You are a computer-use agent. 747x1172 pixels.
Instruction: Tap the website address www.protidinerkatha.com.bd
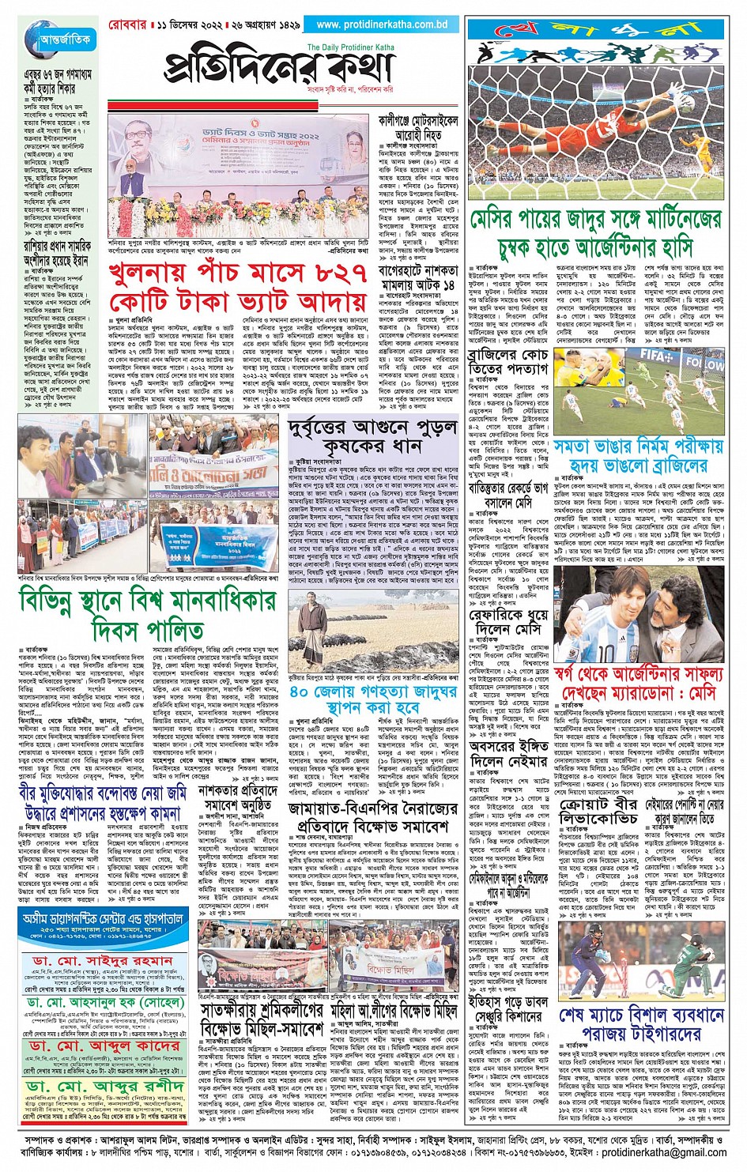coord(376,24)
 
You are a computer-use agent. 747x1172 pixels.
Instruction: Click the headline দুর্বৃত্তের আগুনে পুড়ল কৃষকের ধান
coord(372,435)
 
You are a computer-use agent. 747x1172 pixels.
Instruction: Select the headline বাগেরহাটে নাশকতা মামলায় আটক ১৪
coord(417,277)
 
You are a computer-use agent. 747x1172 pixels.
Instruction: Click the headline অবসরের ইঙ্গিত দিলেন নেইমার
coord(507,754)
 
